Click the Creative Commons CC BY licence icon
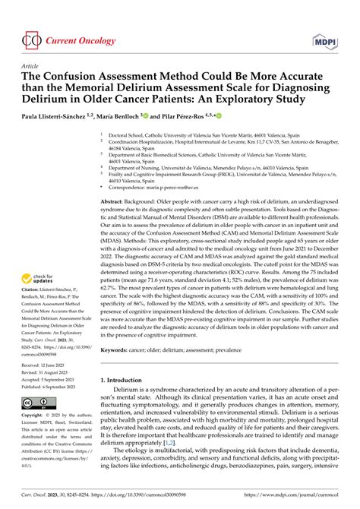coord(39,402)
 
